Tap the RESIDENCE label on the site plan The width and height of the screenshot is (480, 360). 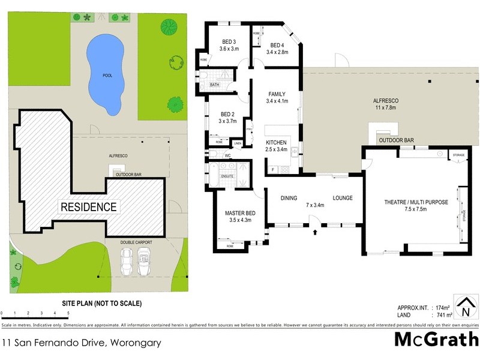pyautogui.click(x=88, y=207)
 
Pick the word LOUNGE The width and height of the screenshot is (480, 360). pyautogui.click(x=343, y=198)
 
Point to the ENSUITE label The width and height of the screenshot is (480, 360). pyautogui.click(x=227, y=176)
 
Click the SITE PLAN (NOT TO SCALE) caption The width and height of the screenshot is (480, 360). pyautogui.click(x=101, y=303)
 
